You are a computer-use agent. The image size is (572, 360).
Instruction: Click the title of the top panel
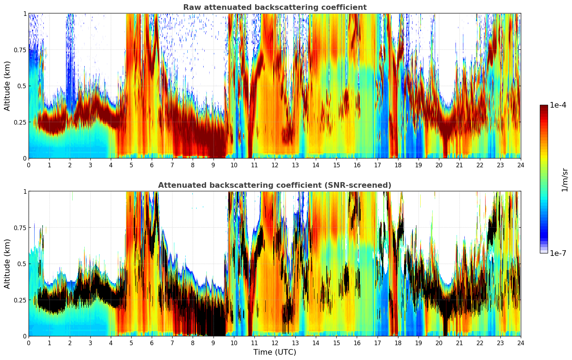pyautogui.click(x=275, y=7)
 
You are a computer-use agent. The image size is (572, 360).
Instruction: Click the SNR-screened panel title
pyautogui.click(x=275, y=185)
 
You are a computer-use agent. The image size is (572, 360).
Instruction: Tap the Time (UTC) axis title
pyautogui.click(x=275, y=352)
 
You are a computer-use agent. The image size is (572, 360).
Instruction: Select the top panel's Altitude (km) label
pyautogui.click(x=7, y=86)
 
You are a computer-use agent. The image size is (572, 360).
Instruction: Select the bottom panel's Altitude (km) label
pyautogui.click(x=7, y=264)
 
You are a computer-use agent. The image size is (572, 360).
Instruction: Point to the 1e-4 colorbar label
pyautogui.click(x=558, y=105)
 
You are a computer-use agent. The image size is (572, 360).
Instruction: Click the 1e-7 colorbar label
pyautogui.click(x=558, y=253)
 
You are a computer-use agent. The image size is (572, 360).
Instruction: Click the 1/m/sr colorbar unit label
pyautogui.click(x=565, y=180)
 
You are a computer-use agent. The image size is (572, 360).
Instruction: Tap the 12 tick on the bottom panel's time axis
pyautogui.click(x=275, y=343)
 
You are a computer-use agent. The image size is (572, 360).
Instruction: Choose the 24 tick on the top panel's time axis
pyautogui.click(x=521, y=165)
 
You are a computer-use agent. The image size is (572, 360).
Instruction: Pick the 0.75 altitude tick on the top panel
pyautogui.click(x=20, y=50)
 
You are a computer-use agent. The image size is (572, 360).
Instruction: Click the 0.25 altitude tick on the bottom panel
pyautogui.click(x=20, y=300)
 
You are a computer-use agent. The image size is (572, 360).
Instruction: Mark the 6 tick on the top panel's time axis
pyautogui.click(x=152, y=165)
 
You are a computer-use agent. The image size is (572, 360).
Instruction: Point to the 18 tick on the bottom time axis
pyautogui.click(x=398, y=343)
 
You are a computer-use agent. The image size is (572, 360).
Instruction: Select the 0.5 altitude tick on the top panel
pyautogui.click(x=22, y=86)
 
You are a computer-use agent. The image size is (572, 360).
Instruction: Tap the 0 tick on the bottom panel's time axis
pyautogui.click(x=29, y=343)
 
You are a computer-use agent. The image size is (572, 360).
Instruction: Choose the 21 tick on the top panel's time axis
pyautogui.click(x=459, y=165)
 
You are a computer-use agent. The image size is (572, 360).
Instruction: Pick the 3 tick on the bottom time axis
pyautogui.click(x=90, y=343)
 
